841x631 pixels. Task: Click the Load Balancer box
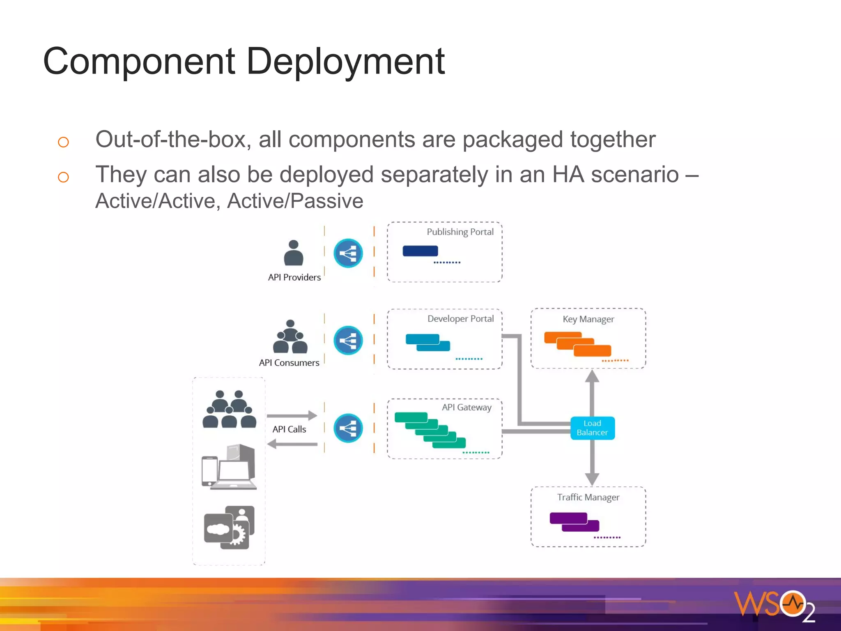(x=592, y=428)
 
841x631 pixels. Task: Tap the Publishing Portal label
(x=460, y=232)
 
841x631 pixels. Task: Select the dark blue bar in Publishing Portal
(x=420, y=251)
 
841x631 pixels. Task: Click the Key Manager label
(x=588, y=319)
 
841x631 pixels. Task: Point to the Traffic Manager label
(x=588, y=497)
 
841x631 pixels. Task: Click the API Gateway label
(x=466, y=407)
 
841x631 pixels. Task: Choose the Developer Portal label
(x=460, y=319)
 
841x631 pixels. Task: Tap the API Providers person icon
(x=294, y=253)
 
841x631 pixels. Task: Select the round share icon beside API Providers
(x=348, y=253)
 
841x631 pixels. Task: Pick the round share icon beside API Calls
(x=348, y=428)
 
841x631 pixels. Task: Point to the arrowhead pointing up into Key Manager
(x=592, y=376)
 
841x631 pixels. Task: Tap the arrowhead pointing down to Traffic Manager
(x=592, y=479)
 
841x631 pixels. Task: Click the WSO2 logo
(x=774, y=605)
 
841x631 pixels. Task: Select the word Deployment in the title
(x=345, y=62)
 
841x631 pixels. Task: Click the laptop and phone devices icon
(x=229, y=467)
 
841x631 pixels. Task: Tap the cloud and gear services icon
(x=229, y=527)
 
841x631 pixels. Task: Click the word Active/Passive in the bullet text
(x=295, y=201)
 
